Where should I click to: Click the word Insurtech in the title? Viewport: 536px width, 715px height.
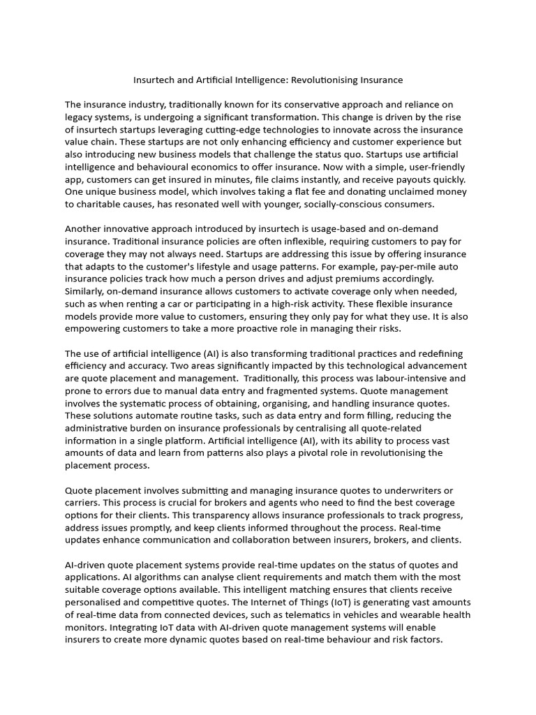155,80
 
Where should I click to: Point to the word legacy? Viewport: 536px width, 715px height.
81,117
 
